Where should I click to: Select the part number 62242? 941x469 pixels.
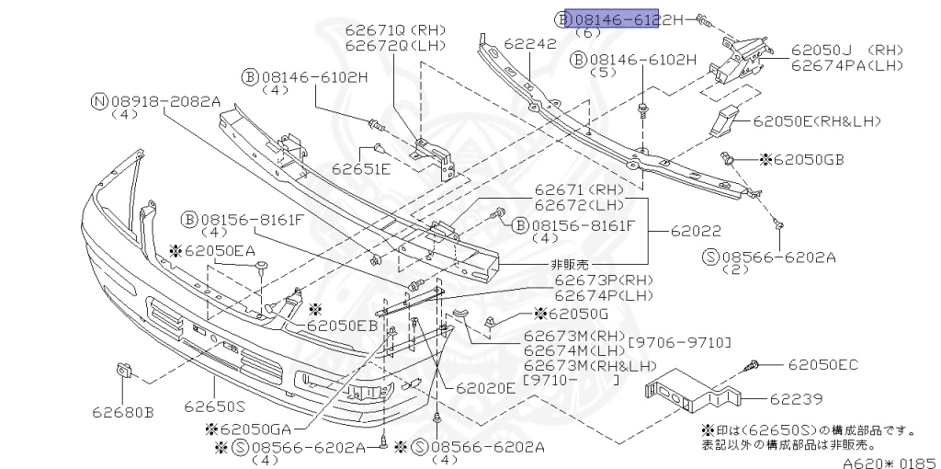pyautogui.click(x=530, y=43)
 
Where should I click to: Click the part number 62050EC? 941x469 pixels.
pyautogui.click(x=822, y=365)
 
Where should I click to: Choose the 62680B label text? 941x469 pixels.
pyautogui.click(x=122, y=412)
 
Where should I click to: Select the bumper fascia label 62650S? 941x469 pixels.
pyautogui.click(x=214, y=406)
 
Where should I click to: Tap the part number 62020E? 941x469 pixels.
pyautogui.click(x=486, y=388)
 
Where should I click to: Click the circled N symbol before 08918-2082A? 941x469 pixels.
pyautogui.click(x=98, y=101)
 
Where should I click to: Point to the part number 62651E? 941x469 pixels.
pyautogui.click(x=361, y=168)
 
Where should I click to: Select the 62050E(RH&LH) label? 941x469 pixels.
pyautogui.click(x=818, y=120)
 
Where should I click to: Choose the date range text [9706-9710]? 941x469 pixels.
pyautogui.click(x=679, y=343)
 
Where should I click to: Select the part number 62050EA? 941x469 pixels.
pyautogui.click(x=219, y=250)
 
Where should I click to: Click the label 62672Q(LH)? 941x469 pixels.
pyautogui.click(x=395, y=45)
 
